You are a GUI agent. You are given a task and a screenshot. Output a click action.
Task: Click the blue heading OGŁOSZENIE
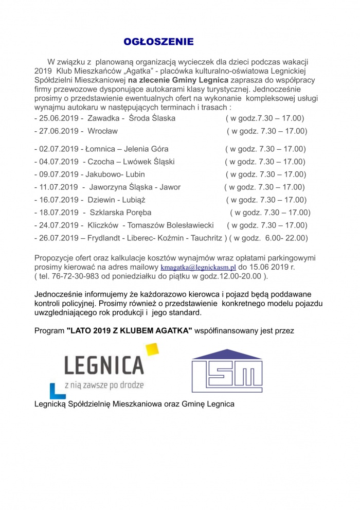(x=158, y=42)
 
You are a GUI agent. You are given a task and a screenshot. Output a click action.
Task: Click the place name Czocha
(x=101, y=162)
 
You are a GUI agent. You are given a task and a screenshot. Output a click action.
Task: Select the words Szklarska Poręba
(x=120, y=212)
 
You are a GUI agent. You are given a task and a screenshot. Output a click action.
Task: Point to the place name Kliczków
(x=102, y=225)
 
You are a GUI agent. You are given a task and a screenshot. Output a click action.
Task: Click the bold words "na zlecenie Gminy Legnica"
(x=176, y=80)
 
